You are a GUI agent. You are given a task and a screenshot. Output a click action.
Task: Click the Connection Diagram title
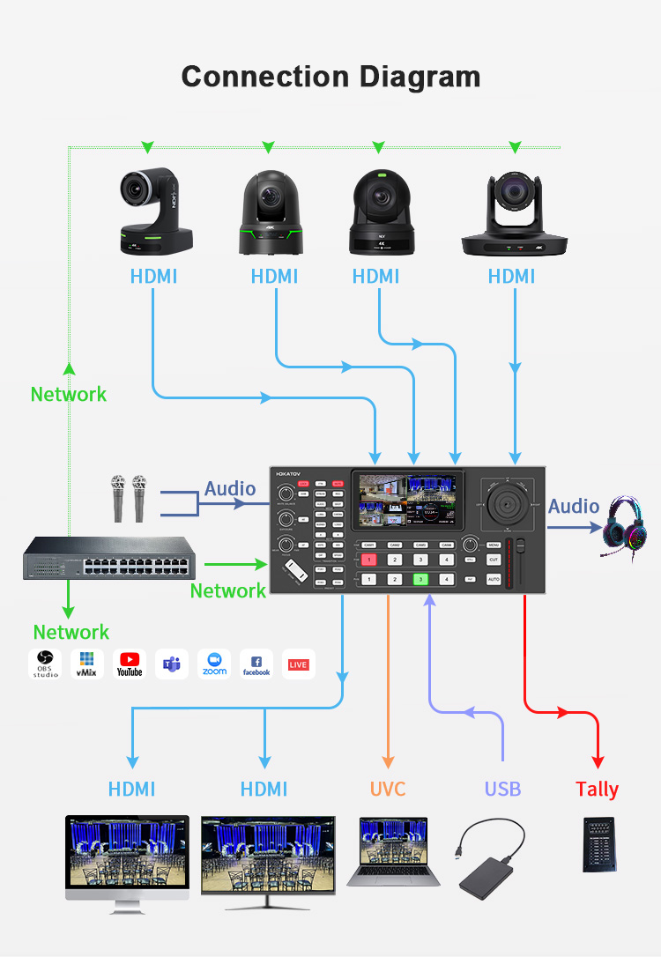(330, 76)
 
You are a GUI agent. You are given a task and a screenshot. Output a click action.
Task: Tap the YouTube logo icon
(130, 664)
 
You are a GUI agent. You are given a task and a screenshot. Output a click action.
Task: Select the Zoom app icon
(214, 664)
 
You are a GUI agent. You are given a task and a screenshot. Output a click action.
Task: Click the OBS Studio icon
(45, 664)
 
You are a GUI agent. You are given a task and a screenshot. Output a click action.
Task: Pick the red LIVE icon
(298, 664)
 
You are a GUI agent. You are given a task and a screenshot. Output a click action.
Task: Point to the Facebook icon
(256, 664)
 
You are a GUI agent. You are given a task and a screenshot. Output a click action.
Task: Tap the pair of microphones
(129, 497)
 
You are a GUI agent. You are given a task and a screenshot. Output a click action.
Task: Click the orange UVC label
(387, 789)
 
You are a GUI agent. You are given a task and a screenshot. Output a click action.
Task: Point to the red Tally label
(597, 789)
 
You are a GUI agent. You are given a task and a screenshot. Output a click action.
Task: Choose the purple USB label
(502, 789)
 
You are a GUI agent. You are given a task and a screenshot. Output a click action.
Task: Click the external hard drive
(490, 859)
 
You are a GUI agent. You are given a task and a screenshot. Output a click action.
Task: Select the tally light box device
(599, 845)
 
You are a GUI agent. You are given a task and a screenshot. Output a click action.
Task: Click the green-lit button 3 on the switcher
(421, 579)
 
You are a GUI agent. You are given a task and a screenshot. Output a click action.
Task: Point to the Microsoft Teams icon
(172, 664)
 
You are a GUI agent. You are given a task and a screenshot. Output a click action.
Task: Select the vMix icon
(87, 664)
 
